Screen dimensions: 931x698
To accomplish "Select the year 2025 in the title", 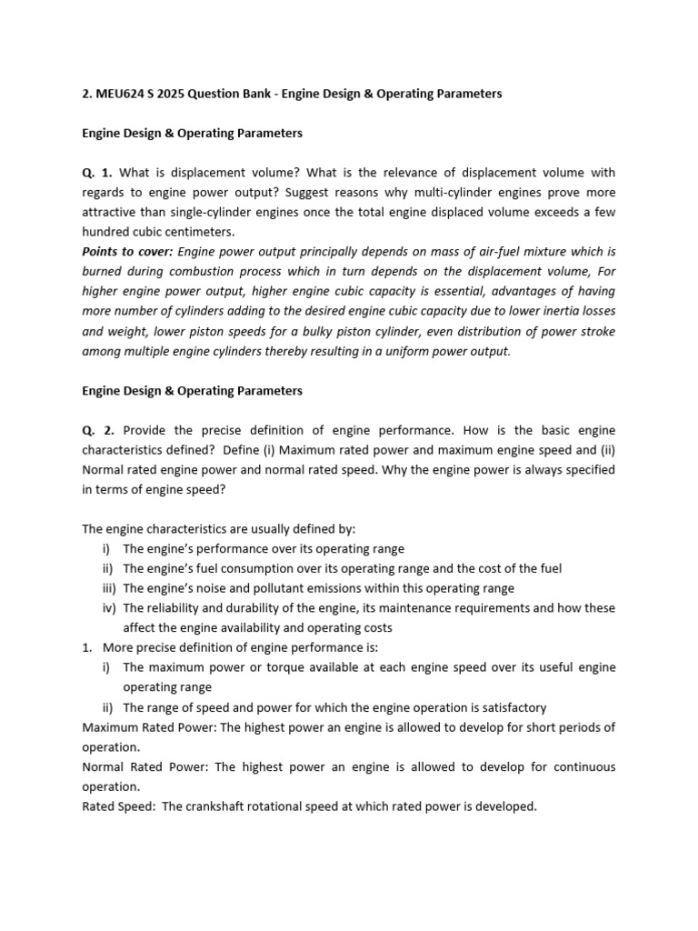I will (172, 94).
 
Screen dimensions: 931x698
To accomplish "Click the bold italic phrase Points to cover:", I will (128, 252).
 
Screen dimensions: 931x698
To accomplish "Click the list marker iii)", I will (109, 588).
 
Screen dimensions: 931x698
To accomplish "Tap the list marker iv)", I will (109, 608).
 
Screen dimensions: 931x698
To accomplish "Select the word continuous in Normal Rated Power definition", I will (583, 766).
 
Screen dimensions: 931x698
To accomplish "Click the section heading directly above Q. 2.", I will (192, 391).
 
